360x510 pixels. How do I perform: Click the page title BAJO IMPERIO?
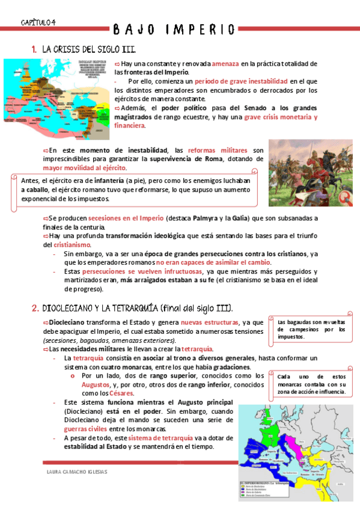point(174,29)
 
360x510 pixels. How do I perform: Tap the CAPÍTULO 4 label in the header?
point(38,22)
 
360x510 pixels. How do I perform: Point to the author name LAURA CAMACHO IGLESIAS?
point(77,472)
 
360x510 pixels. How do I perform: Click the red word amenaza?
point(225,64)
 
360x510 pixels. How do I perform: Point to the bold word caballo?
point(37,189)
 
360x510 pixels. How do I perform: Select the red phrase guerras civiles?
point(85,429)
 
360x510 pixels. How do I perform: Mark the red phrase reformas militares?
point(217,150)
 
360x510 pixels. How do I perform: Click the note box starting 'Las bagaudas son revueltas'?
point(311,329)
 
